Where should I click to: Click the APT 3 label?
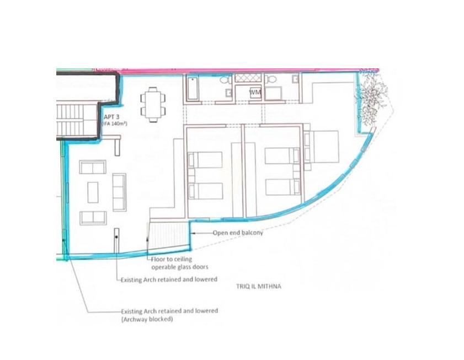[x=112, y=117]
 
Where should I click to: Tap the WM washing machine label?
[x=255, y=92]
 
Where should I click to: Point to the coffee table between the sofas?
[x=93, y=192]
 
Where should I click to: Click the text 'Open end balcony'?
[x=238, y=233]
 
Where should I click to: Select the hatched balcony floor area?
[x=168, y=237]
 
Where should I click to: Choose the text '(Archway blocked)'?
[x=146, y=319]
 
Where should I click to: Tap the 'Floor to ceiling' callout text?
[x=172, y=259]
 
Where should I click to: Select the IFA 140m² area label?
[x=114, y=125]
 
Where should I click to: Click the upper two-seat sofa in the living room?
[x=93, y=166]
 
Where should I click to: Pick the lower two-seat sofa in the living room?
[x=93, y=217]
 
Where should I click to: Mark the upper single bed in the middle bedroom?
[x=205, y=160]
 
